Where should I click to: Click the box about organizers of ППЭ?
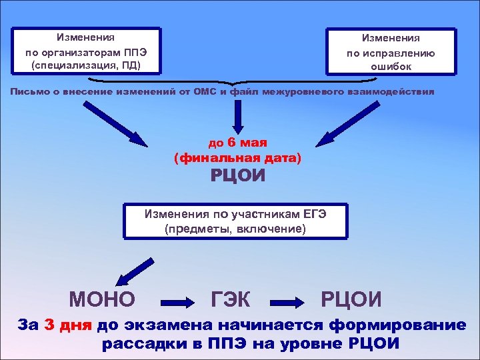(x=87, y=50)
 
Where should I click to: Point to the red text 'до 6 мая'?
(x=238, y=142)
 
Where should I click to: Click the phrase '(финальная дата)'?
(x=237, y=159)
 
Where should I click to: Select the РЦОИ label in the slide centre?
(x=238, y=177)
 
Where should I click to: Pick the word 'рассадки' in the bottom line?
(x=136, y=344)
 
